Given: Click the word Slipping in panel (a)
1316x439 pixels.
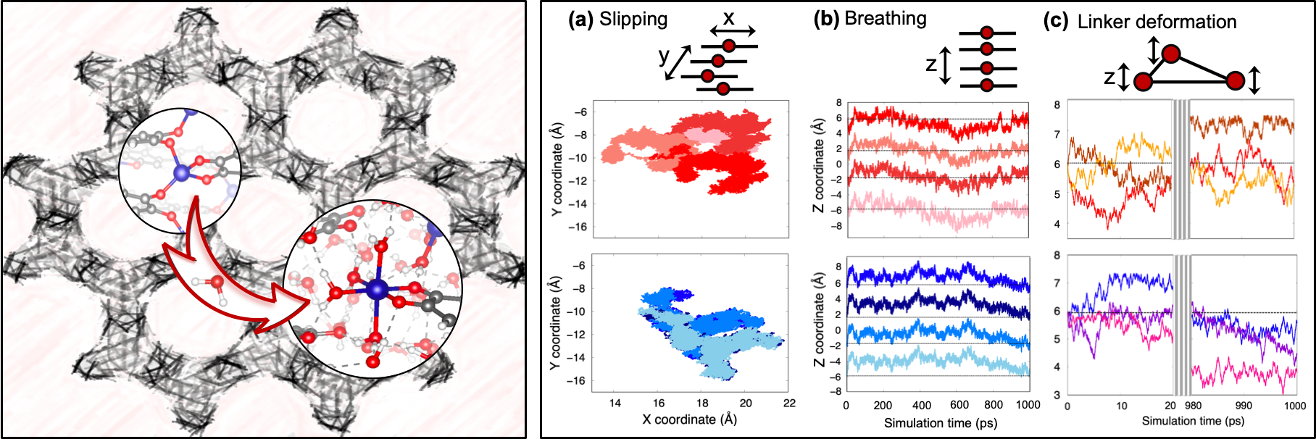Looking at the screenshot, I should click(633, 20).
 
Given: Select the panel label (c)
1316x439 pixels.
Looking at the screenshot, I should click(1056, 21).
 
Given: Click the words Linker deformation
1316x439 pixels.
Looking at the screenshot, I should click(1157, 22).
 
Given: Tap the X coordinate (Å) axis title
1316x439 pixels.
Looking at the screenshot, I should click(689, 419).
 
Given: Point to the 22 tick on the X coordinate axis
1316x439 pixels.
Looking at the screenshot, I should click(789, 404).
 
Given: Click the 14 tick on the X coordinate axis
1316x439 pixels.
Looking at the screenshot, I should click(615, 404).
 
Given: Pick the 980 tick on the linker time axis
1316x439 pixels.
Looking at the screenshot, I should click(1193, 406).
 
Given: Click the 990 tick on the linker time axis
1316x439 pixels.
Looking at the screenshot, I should click(1244, 406).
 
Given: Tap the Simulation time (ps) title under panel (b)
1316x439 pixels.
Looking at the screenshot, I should click(940, 423).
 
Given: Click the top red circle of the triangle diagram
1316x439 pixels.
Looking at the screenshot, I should click(1171, 54).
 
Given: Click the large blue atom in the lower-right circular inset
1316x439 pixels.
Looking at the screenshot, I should click(376, 290).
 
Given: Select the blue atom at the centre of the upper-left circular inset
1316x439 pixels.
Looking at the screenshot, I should click(182, 172).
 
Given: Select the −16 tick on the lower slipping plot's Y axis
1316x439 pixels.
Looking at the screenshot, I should click(578, 381).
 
